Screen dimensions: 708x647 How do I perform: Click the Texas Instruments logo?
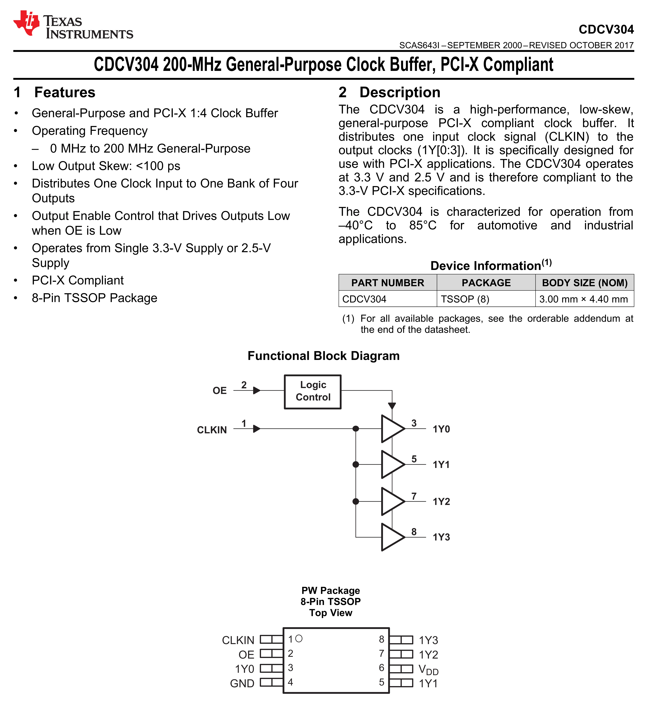(x=73, y=25)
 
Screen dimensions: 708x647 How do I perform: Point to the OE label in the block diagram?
(x=220, y=391)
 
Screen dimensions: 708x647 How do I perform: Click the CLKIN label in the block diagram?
(x=212, y=430)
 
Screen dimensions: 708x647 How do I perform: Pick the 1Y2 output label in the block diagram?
(x=441, y=502)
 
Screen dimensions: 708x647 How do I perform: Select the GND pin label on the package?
(x=242, y=683)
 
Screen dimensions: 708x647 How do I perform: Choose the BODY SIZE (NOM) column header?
(x=585, y=283)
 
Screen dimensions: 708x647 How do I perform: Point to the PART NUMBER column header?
(x=388, y=283)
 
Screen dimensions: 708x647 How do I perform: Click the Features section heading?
(x=65, y=92)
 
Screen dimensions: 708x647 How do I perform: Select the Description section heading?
(x=400, y=92)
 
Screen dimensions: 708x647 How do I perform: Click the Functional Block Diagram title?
(x=323, y=356)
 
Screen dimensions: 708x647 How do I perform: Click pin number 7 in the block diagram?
(x=414, y=496)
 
